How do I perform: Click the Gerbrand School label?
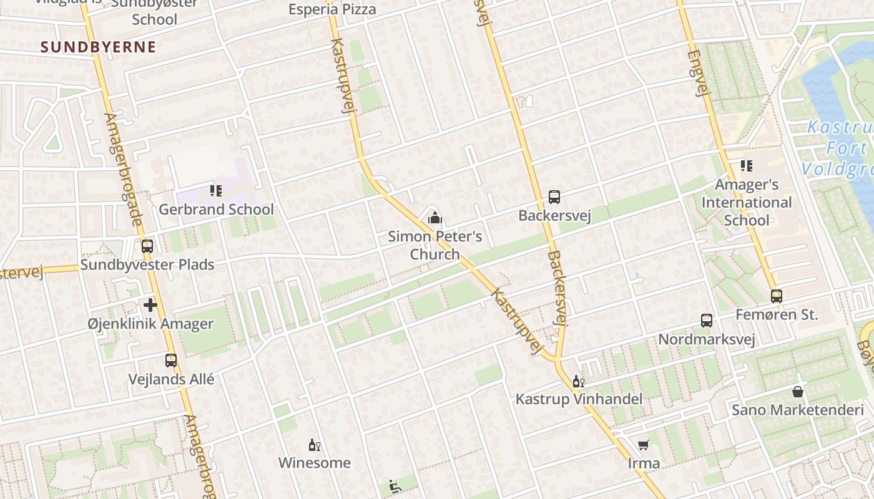pyautogui.click(x=216, y=210)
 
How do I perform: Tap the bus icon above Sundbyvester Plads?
pyautogui.click(x=147, y=246)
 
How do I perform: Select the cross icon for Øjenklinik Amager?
pyautogui.click(x=150, y=305)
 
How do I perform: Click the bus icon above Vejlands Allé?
pyautogui.click(x=171, y=360)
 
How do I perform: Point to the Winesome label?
pyautogui.click(x=314, y=463)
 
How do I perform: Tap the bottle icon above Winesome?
pyautogui.click(x=315, y=445)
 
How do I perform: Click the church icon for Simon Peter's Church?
pyautogui.click(x=435, y=218)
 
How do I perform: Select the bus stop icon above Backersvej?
pyautogui.click(x=554, y=197)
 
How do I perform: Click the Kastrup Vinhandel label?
pyautogui.click(x=579, y=399)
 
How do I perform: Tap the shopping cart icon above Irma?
pyautogui.click(x=644, y=445)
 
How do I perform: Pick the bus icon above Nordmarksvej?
pyautogui.click(x=707, y=321)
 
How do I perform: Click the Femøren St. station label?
pyautogui.click(x=777, y=315)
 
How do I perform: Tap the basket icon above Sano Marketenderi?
pyautogui.click(x=798, y=392)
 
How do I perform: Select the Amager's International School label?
pyautogui.click(x=746, y=203)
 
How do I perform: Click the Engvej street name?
pyautogui.click(x=699, y=73)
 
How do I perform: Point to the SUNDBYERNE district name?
pyautogui.click(x=98, y=47)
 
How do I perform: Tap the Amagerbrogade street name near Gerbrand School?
pyautogui.click(x=124, y=169)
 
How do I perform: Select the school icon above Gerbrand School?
pyautogui.click(x=216, y=190)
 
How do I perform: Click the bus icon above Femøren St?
pyautogui.click(x=777, y=296)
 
